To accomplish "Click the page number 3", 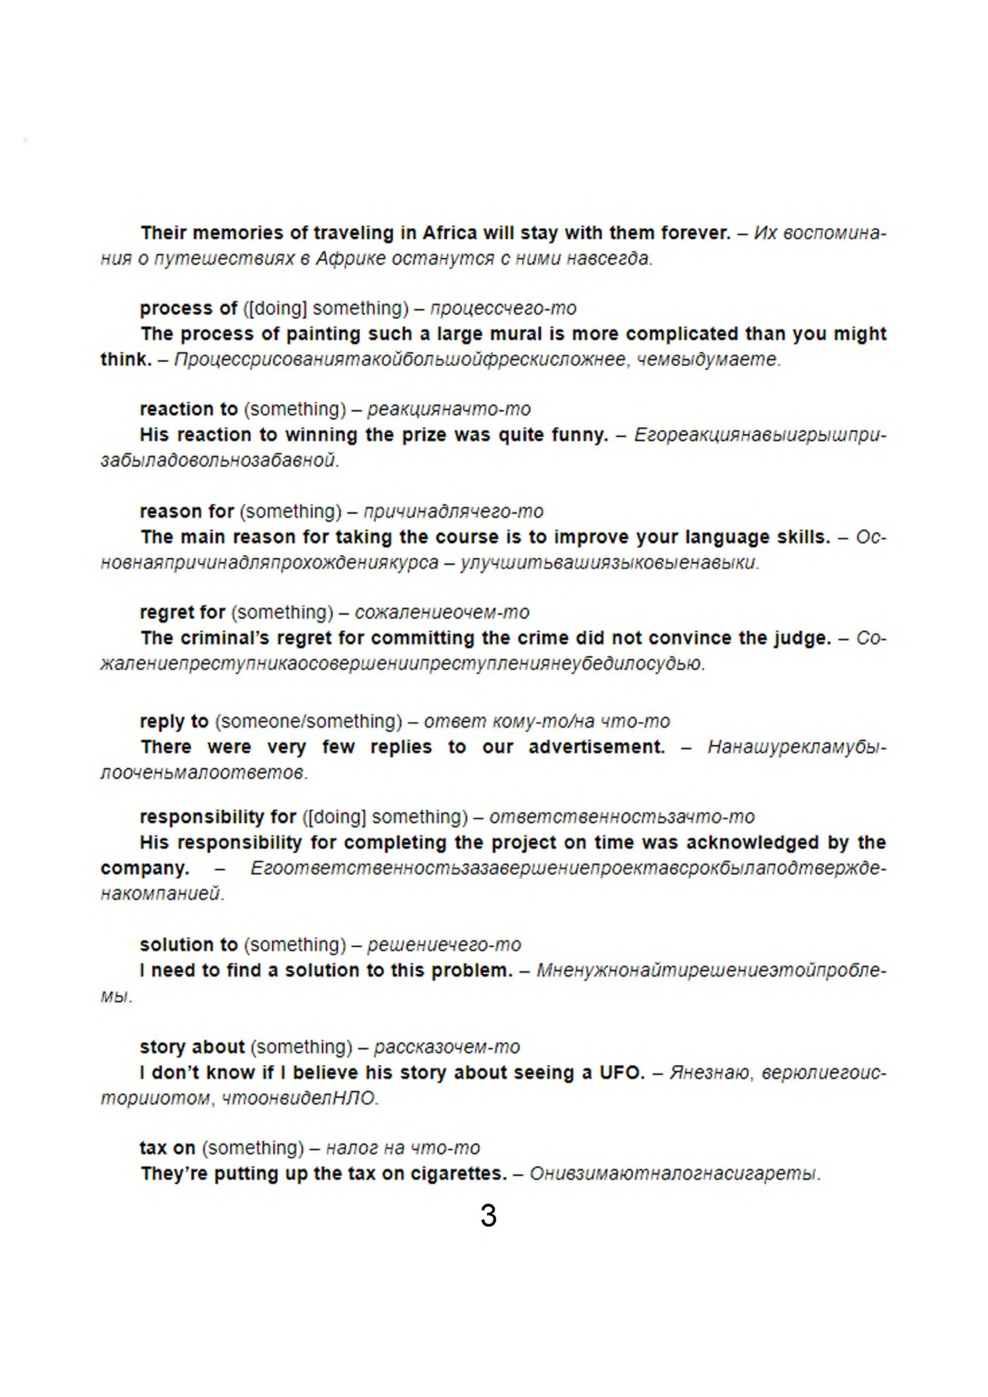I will (x=489, y=1216).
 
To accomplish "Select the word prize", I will (x=425, y=435).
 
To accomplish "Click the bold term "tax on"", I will (x=167, y=1148).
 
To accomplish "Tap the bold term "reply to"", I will (x=174, y=722).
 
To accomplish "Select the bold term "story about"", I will (x=192, y=1047).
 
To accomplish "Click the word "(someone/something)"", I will (x=308, y=722).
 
